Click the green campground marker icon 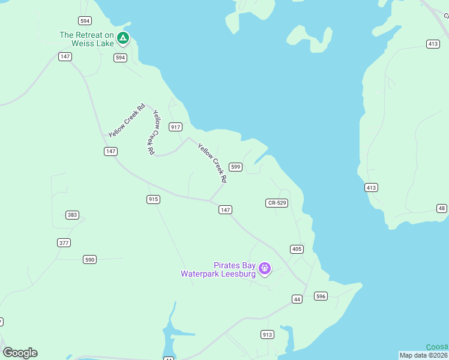[123, 38]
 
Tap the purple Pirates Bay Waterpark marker [264, 268]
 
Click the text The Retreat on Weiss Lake [86, 38]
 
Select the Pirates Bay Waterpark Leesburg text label [218, 269]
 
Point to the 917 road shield [175, 127]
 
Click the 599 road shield [236, 167]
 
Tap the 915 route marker [153, 199]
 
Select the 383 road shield [72, 215]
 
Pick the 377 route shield [64, 243]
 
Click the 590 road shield [89, 260]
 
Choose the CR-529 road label [277, 203]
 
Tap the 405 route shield [297, 249]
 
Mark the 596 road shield [321, 296]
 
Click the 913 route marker [267, 334]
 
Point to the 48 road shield [442, 208]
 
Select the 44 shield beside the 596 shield [297, 299]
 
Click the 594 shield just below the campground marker [121, 58]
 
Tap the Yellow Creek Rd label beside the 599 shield [212, 163]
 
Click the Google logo [20, 353]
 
